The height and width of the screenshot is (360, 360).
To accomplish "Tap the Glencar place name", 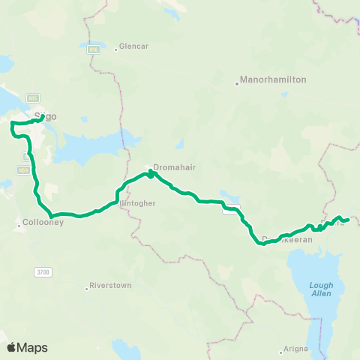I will [x=135, y=46].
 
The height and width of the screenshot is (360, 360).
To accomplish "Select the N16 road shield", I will [x=93, y=49].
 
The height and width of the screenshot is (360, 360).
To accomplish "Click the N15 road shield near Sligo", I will [x=32, y=97].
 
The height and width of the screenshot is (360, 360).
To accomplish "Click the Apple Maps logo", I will [x=27, y=347].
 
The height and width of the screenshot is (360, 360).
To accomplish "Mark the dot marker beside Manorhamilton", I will [x=237, y=83].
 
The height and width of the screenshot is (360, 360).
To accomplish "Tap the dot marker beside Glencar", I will [x=115, y=50].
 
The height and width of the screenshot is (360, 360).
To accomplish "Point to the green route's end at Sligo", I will [x=42, y=117].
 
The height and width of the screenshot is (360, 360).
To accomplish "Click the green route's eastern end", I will [x=349, y=219].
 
